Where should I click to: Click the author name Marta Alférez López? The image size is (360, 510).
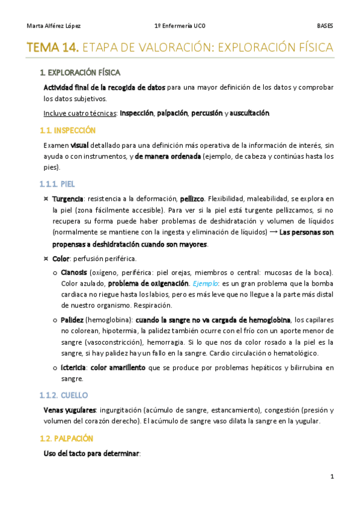coord(54,26)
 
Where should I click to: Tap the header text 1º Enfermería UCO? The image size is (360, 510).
coord(179,26)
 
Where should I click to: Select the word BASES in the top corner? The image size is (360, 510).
coord(325,26)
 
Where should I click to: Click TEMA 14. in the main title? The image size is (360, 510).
coord(52,48)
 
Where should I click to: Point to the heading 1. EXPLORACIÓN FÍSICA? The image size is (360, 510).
coord(80,73)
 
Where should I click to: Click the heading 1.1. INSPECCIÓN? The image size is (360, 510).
coord(67,130)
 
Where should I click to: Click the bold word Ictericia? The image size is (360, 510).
coord(74,367)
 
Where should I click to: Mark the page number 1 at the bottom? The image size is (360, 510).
coord(331,476)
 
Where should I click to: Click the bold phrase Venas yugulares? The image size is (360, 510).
coord(66,410)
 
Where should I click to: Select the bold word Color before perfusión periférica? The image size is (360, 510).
coord(61,259)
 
